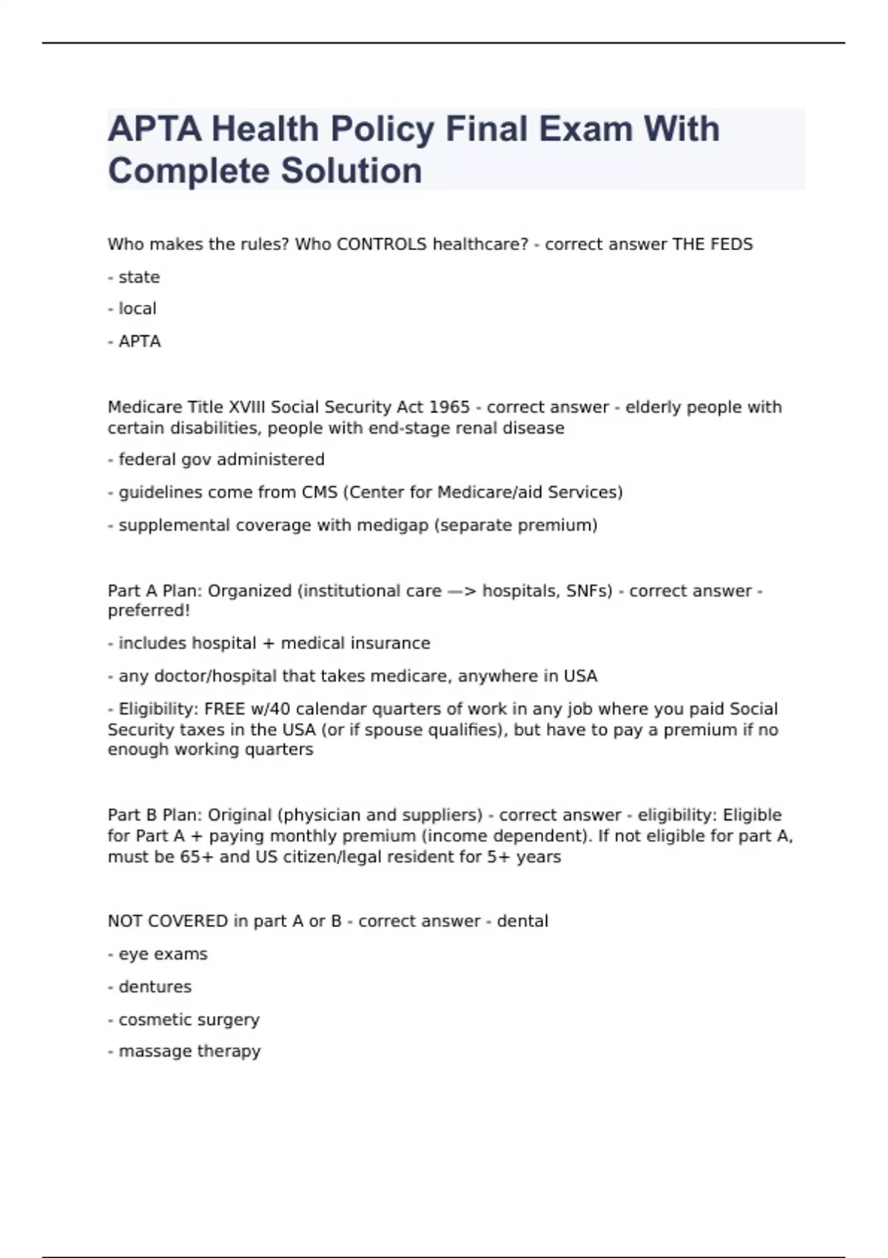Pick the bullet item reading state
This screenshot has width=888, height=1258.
138,277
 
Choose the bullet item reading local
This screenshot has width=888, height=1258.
137,309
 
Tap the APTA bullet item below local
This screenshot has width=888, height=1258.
139,341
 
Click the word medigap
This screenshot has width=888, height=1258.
392,525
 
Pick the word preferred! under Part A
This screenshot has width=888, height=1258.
149,610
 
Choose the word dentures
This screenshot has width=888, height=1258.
155,986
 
